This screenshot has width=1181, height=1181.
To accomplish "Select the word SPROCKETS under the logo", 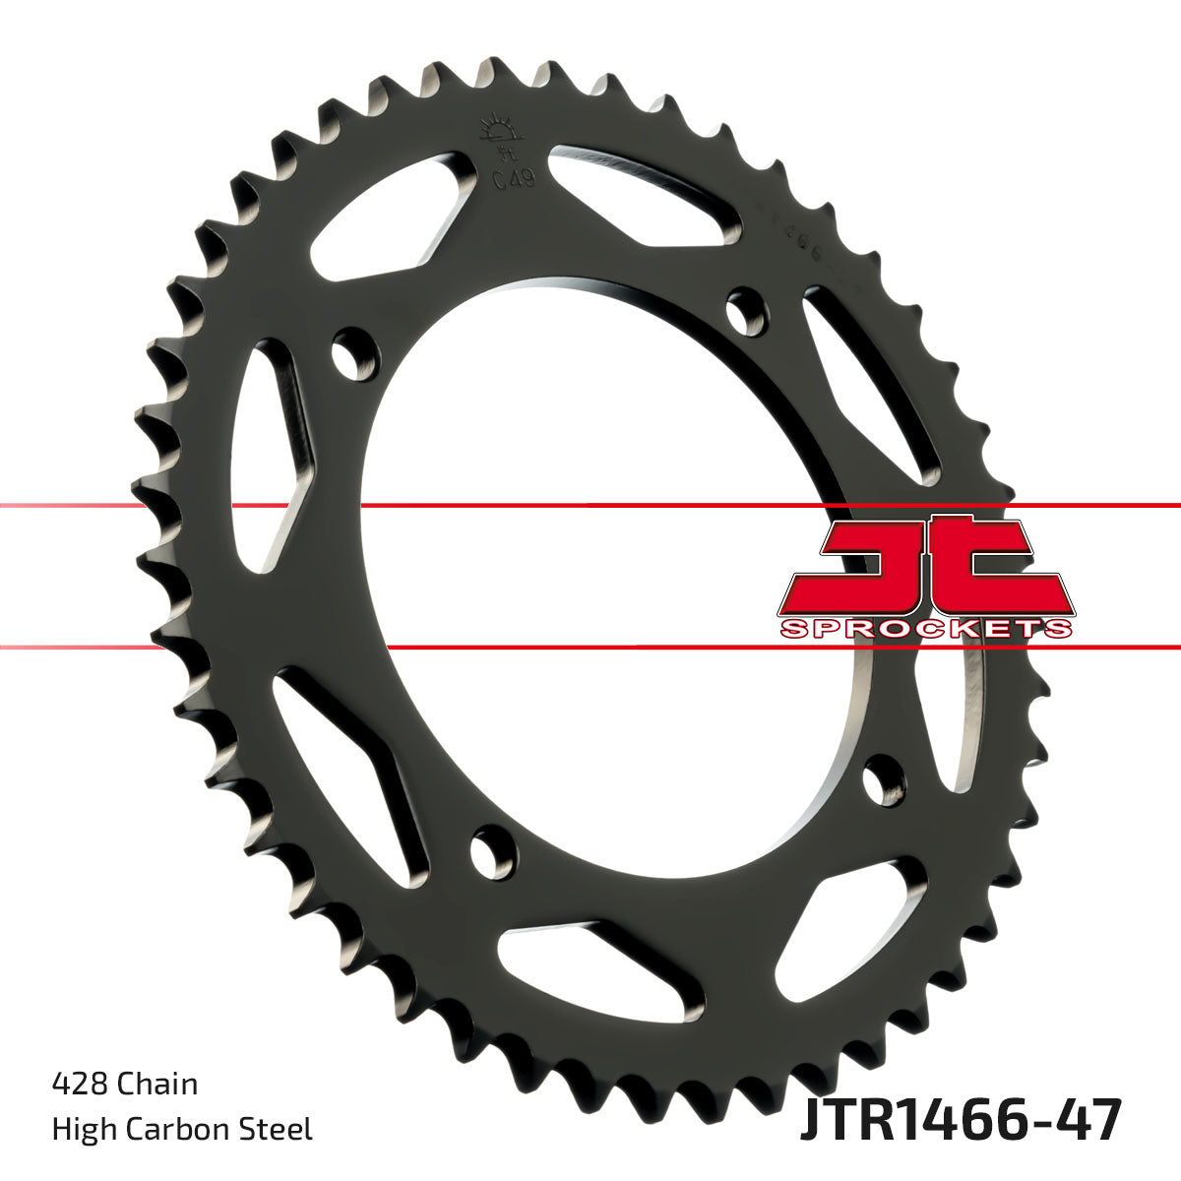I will [x=925, y=628].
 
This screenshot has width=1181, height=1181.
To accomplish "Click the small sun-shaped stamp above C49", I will [x=498, y=133].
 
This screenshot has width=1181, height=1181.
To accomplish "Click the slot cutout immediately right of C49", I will [x=645, y=192].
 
